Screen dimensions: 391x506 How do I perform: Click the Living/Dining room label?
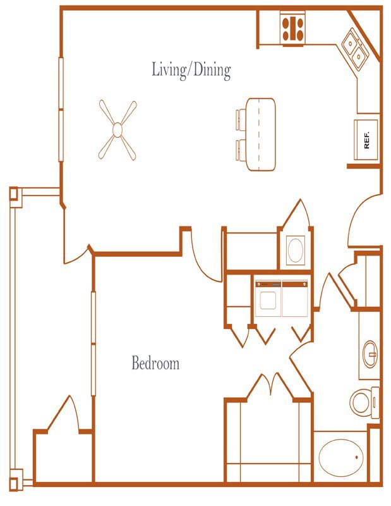(191, 70)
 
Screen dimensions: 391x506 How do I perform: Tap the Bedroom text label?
(155, 363)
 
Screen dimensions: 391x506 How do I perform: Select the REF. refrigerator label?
(367, 140)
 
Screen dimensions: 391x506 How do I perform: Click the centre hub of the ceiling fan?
(117, 130)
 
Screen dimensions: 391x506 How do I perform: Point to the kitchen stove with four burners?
(292, 28)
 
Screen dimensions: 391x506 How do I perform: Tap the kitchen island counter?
(260, 134)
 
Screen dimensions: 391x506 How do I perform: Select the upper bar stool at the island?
(241, 120)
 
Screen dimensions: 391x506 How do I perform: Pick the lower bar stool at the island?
(241, 150)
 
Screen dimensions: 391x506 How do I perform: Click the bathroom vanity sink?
(370, 354)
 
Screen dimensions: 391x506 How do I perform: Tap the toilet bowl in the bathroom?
(360, 402)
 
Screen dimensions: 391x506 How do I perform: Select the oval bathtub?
(340, 457)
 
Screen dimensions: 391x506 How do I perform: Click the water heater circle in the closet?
(295, 250)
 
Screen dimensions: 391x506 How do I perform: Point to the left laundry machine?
(268, 299)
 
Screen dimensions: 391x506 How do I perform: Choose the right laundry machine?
(295, 299)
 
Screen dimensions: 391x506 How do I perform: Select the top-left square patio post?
(14, 194)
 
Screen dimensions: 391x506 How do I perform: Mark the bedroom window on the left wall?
(93, 343)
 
